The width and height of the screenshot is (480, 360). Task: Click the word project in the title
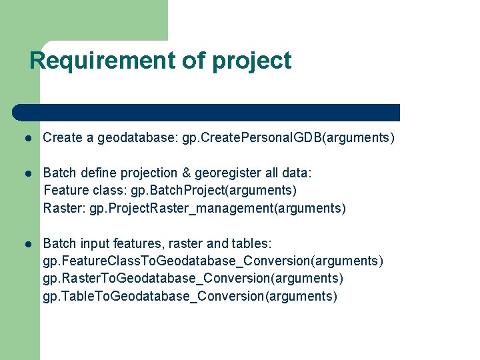[252, 61]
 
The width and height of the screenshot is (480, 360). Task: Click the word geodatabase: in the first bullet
[137, 139]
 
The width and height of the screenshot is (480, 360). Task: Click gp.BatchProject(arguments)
[213, 191]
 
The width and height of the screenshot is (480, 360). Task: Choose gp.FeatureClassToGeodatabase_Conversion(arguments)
[213, 261]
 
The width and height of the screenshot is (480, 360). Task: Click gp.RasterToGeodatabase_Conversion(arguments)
[193, 279]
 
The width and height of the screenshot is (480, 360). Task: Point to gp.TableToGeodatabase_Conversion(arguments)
[190, 296]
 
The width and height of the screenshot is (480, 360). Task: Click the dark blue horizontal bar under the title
[207, 113]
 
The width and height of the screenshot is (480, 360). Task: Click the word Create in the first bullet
[63, 139]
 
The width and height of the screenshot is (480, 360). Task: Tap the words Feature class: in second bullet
[85, 191]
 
